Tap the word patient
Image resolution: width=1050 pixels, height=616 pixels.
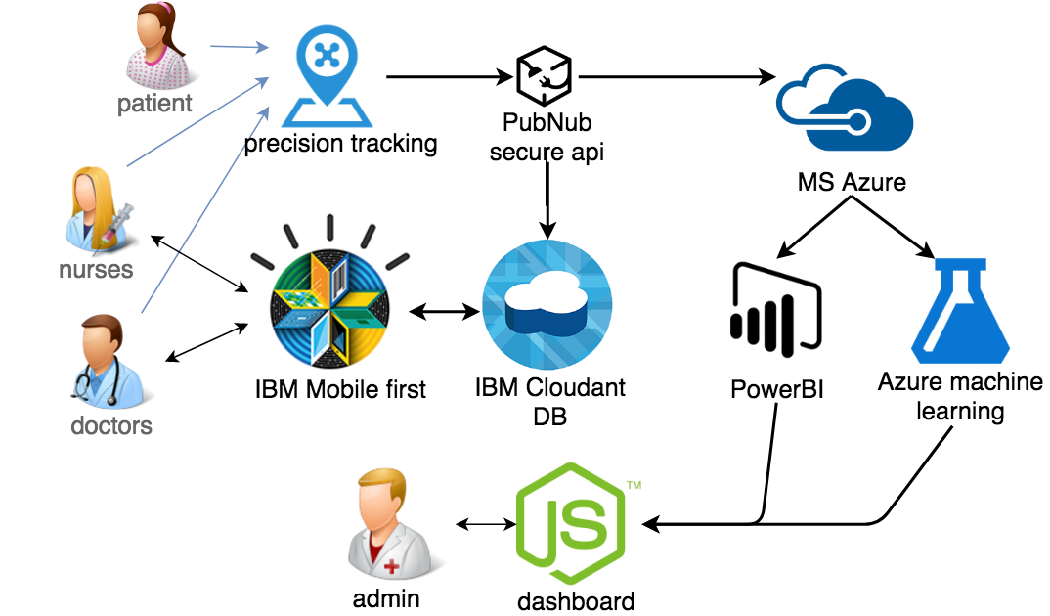(x=154, y=103)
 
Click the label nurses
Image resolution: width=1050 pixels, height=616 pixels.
(x=96, y=268)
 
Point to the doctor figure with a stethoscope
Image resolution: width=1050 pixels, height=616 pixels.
(x=109, y=366)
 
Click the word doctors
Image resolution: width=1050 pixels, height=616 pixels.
(x=111, y=426)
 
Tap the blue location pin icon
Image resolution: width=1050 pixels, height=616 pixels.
(x=327, y=76)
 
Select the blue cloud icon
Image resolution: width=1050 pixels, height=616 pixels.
(x=845, y=107)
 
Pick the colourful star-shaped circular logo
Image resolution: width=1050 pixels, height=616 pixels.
(x=330, y=309)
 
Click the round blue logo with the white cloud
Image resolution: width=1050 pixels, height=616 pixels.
(x=547, y=304)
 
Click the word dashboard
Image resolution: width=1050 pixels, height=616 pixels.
(x=577, y=600)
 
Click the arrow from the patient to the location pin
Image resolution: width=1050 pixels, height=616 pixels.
(x=240, y=46)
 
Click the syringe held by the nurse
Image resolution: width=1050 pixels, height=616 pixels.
(x=123, y=217)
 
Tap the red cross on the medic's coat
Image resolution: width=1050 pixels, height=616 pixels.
(x=391, y=566)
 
